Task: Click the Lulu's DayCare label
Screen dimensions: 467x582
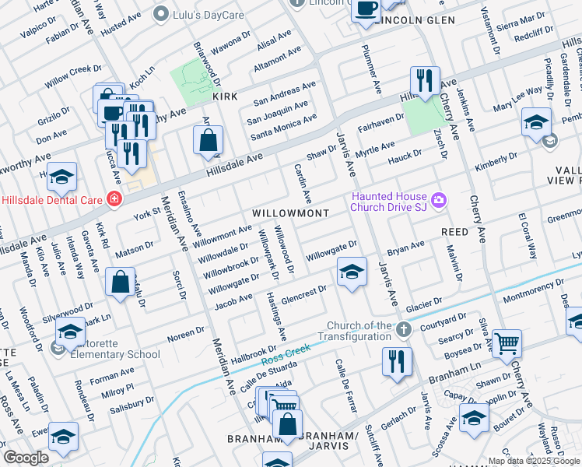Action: pos(201,12)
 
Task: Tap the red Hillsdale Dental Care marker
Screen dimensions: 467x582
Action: pos(114,199)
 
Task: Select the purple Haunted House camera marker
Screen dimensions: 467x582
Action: pos(439,201)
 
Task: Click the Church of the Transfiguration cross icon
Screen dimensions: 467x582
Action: pos(402,330)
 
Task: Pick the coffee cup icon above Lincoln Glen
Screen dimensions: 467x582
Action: pos(364,9)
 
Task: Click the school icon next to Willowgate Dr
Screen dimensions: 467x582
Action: pos(352,272)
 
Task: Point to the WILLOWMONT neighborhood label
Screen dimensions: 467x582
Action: pos(286,212)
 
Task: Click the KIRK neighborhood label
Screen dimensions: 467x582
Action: pos(225,95)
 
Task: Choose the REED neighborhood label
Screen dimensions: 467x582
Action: pos(455,233)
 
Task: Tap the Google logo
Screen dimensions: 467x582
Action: pos(26,458)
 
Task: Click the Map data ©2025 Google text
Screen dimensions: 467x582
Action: pos(533,461)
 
